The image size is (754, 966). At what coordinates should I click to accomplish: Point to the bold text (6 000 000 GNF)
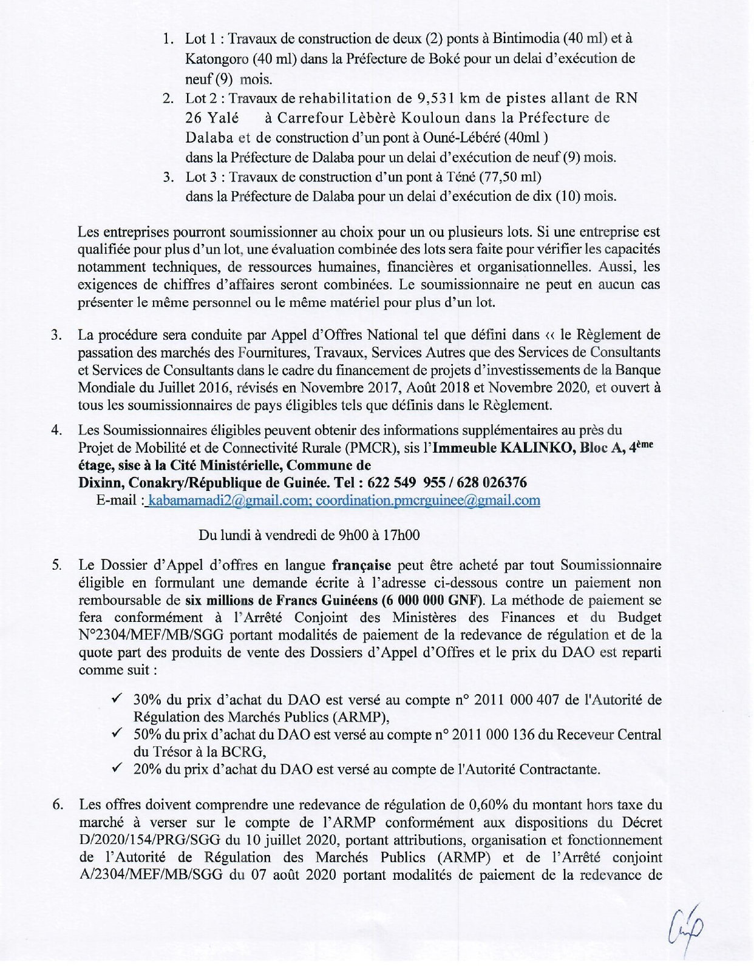430,600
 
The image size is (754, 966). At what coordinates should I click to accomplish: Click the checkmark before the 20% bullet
118,769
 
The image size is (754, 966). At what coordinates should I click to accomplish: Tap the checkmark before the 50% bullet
118,734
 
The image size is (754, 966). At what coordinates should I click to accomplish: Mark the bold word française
361,566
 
